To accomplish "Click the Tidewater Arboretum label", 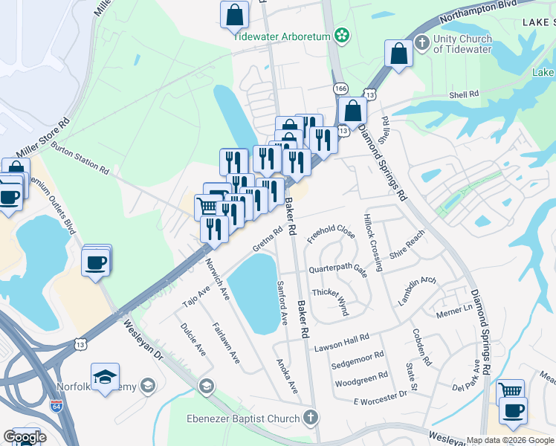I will pyautogui.click(x=282, y=35).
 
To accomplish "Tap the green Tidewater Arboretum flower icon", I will pyautogui.click(x=341, y=34).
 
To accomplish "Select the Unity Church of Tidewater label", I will pyautogui.click(x=462, y=44).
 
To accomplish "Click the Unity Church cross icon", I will pyautogui.click(x=422, y=42).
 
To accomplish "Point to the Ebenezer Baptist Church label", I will pyautogui.click(x=251, y=418).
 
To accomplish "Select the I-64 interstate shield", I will pyautogui.click(x=56, y=407).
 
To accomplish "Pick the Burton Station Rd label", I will pyautogui.click(x=80, y=158).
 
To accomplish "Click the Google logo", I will pyautogui.click(x=25, y=437).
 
